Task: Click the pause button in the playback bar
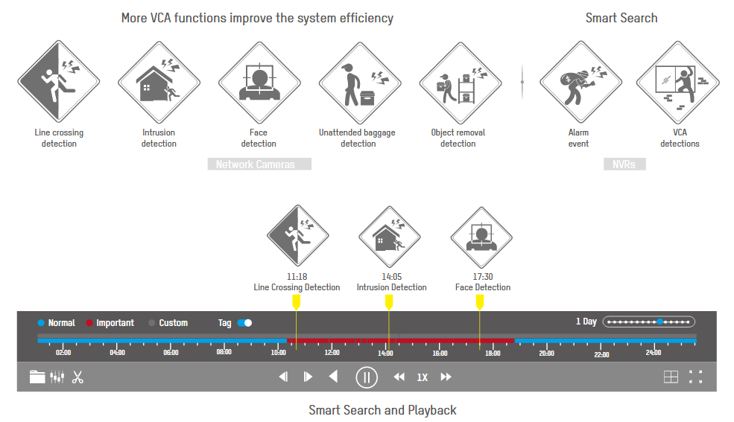pos(367,377)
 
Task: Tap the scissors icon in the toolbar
pos(77,377)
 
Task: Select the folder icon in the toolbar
pos(37,377)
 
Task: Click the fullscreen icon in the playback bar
pos(695,377)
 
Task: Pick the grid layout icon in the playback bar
pos(671,377)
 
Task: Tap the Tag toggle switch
pos(245,323)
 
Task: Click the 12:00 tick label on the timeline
pos(332,352)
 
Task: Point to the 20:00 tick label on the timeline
pos(546,353)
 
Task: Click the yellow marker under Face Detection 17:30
pos(480,302)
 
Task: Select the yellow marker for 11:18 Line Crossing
pos(297,302)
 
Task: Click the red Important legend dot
pos(89,323)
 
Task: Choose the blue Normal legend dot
pos(41,323)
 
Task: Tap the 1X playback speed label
pos(423,377)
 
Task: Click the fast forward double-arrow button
pos(446,377)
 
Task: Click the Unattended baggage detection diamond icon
pos(360,83)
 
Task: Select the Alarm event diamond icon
pos(581,82)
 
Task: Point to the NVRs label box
pos(624,164)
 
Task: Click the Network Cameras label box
pos(259,164)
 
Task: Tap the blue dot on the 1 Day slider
pos(659,322)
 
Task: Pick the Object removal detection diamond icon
pos(461,83)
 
